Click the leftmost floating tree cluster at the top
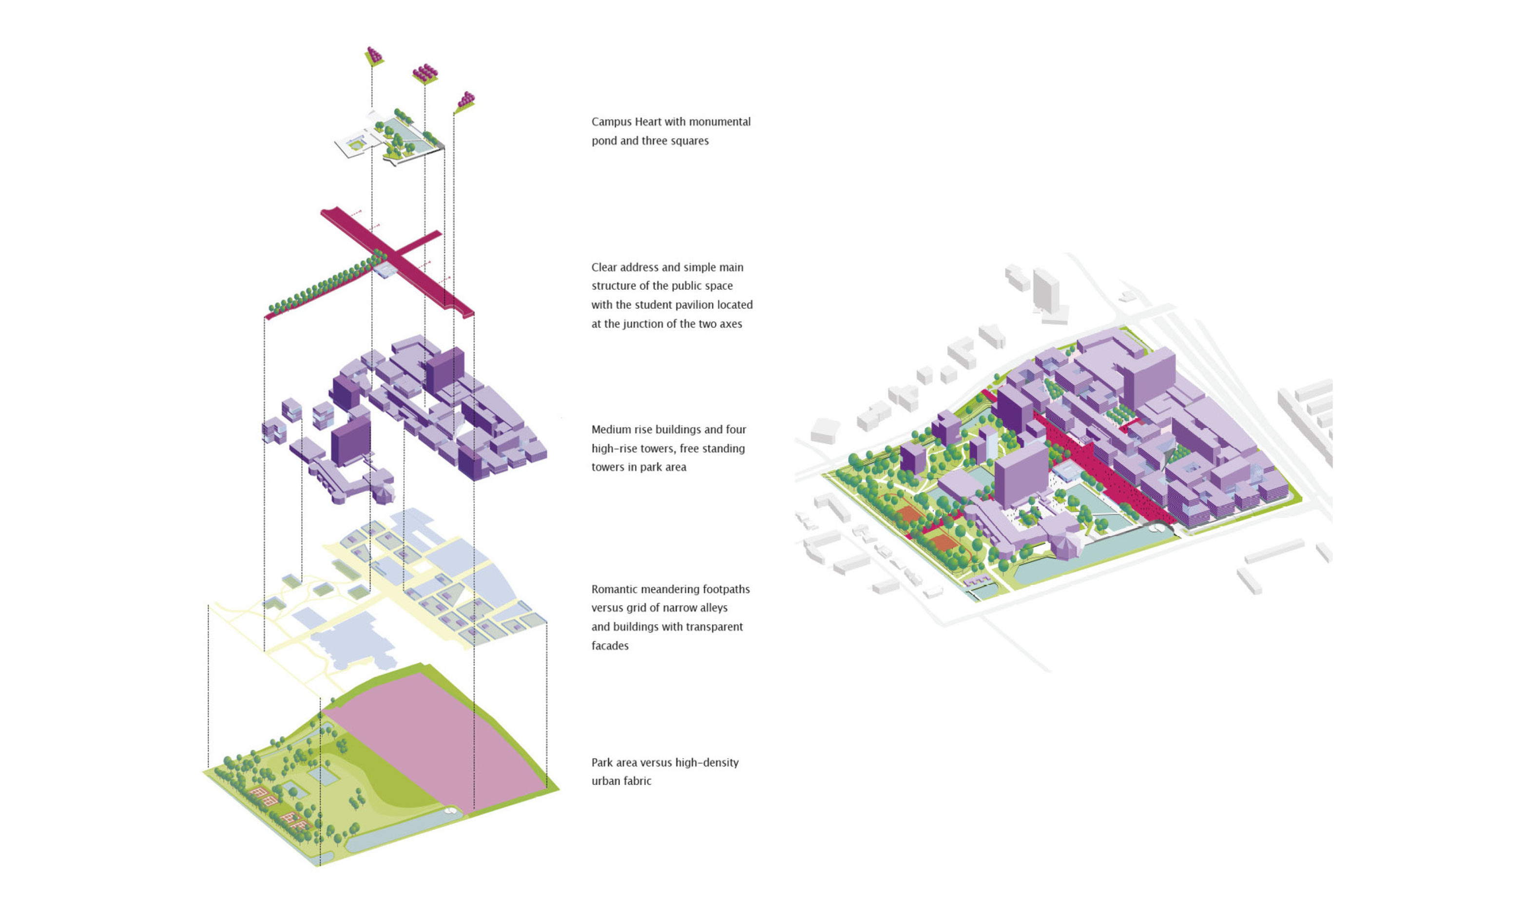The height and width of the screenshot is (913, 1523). [374, 56]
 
